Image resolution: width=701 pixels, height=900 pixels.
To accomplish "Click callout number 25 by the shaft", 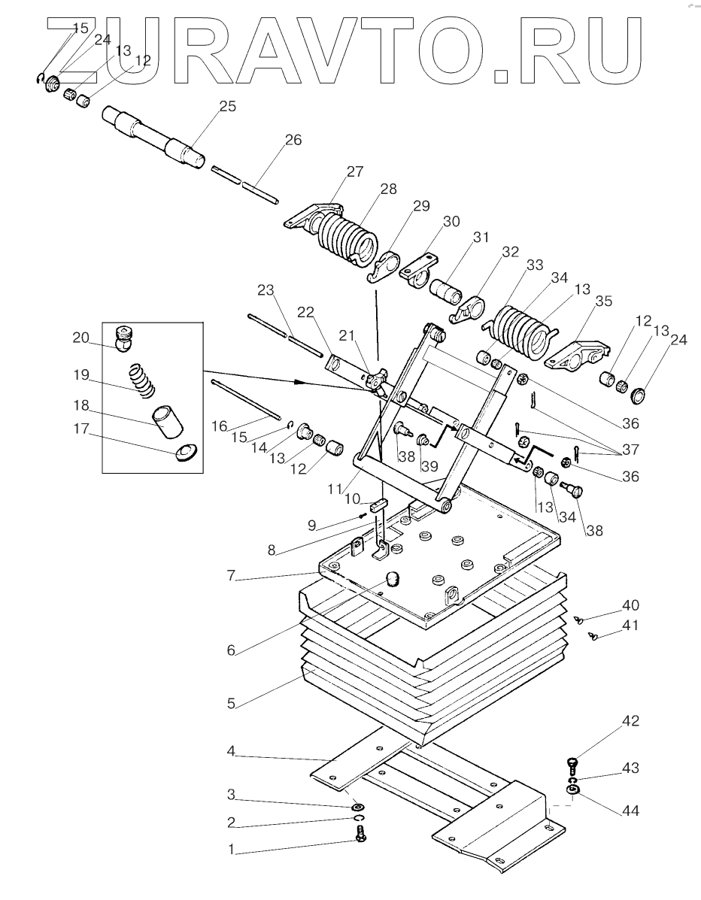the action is click(228, 106).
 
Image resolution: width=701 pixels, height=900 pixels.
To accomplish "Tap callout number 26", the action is click(293, 140).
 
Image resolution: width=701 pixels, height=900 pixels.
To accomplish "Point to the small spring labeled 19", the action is click(141, 379).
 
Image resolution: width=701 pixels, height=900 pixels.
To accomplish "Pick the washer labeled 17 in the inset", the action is click(186, 453).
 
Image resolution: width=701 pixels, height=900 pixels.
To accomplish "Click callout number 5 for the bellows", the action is click(232, 703).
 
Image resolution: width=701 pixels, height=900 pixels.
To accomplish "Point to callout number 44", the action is click(630, 811).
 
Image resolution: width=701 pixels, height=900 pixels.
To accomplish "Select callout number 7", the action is click(232, 575).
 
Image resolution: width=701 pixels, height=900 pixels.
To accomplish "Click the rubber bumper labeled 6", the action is click(392, 580).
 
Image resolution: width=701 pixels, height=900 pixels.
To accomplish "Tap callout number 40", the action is click(630, 605).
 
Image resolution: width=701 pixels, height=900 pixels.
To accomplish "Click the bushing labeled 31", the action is click(445, 291).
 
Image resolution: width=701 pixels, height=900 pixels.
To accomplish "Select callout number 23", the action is click(266, 290).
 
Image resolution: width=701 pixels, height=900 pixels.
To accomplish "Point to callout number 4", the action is click(232, 751).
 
